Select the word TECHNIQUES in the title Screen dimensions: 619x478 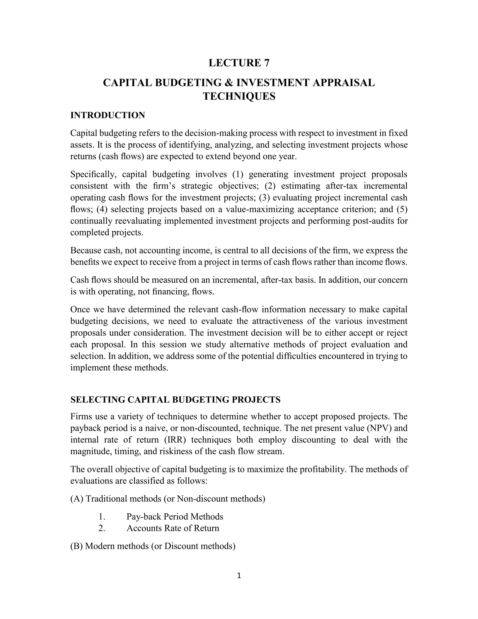click(x=239, y=96)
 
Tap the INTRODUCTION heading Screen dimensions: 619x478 click(x=108, y=115)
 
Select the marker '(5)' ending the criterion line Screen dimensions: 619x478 click(x=402, y=209)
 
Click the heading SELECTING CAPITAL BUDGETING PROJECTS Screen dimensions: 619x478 click(x=175, y=400)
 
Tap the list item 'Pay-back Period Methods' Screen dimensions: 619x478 click(x=175, y=516)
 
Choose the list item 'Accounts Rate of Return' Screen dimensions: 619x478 click(x=173, y=528)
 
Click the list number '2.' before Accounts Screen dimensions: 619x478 click(x=102, y=528)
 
